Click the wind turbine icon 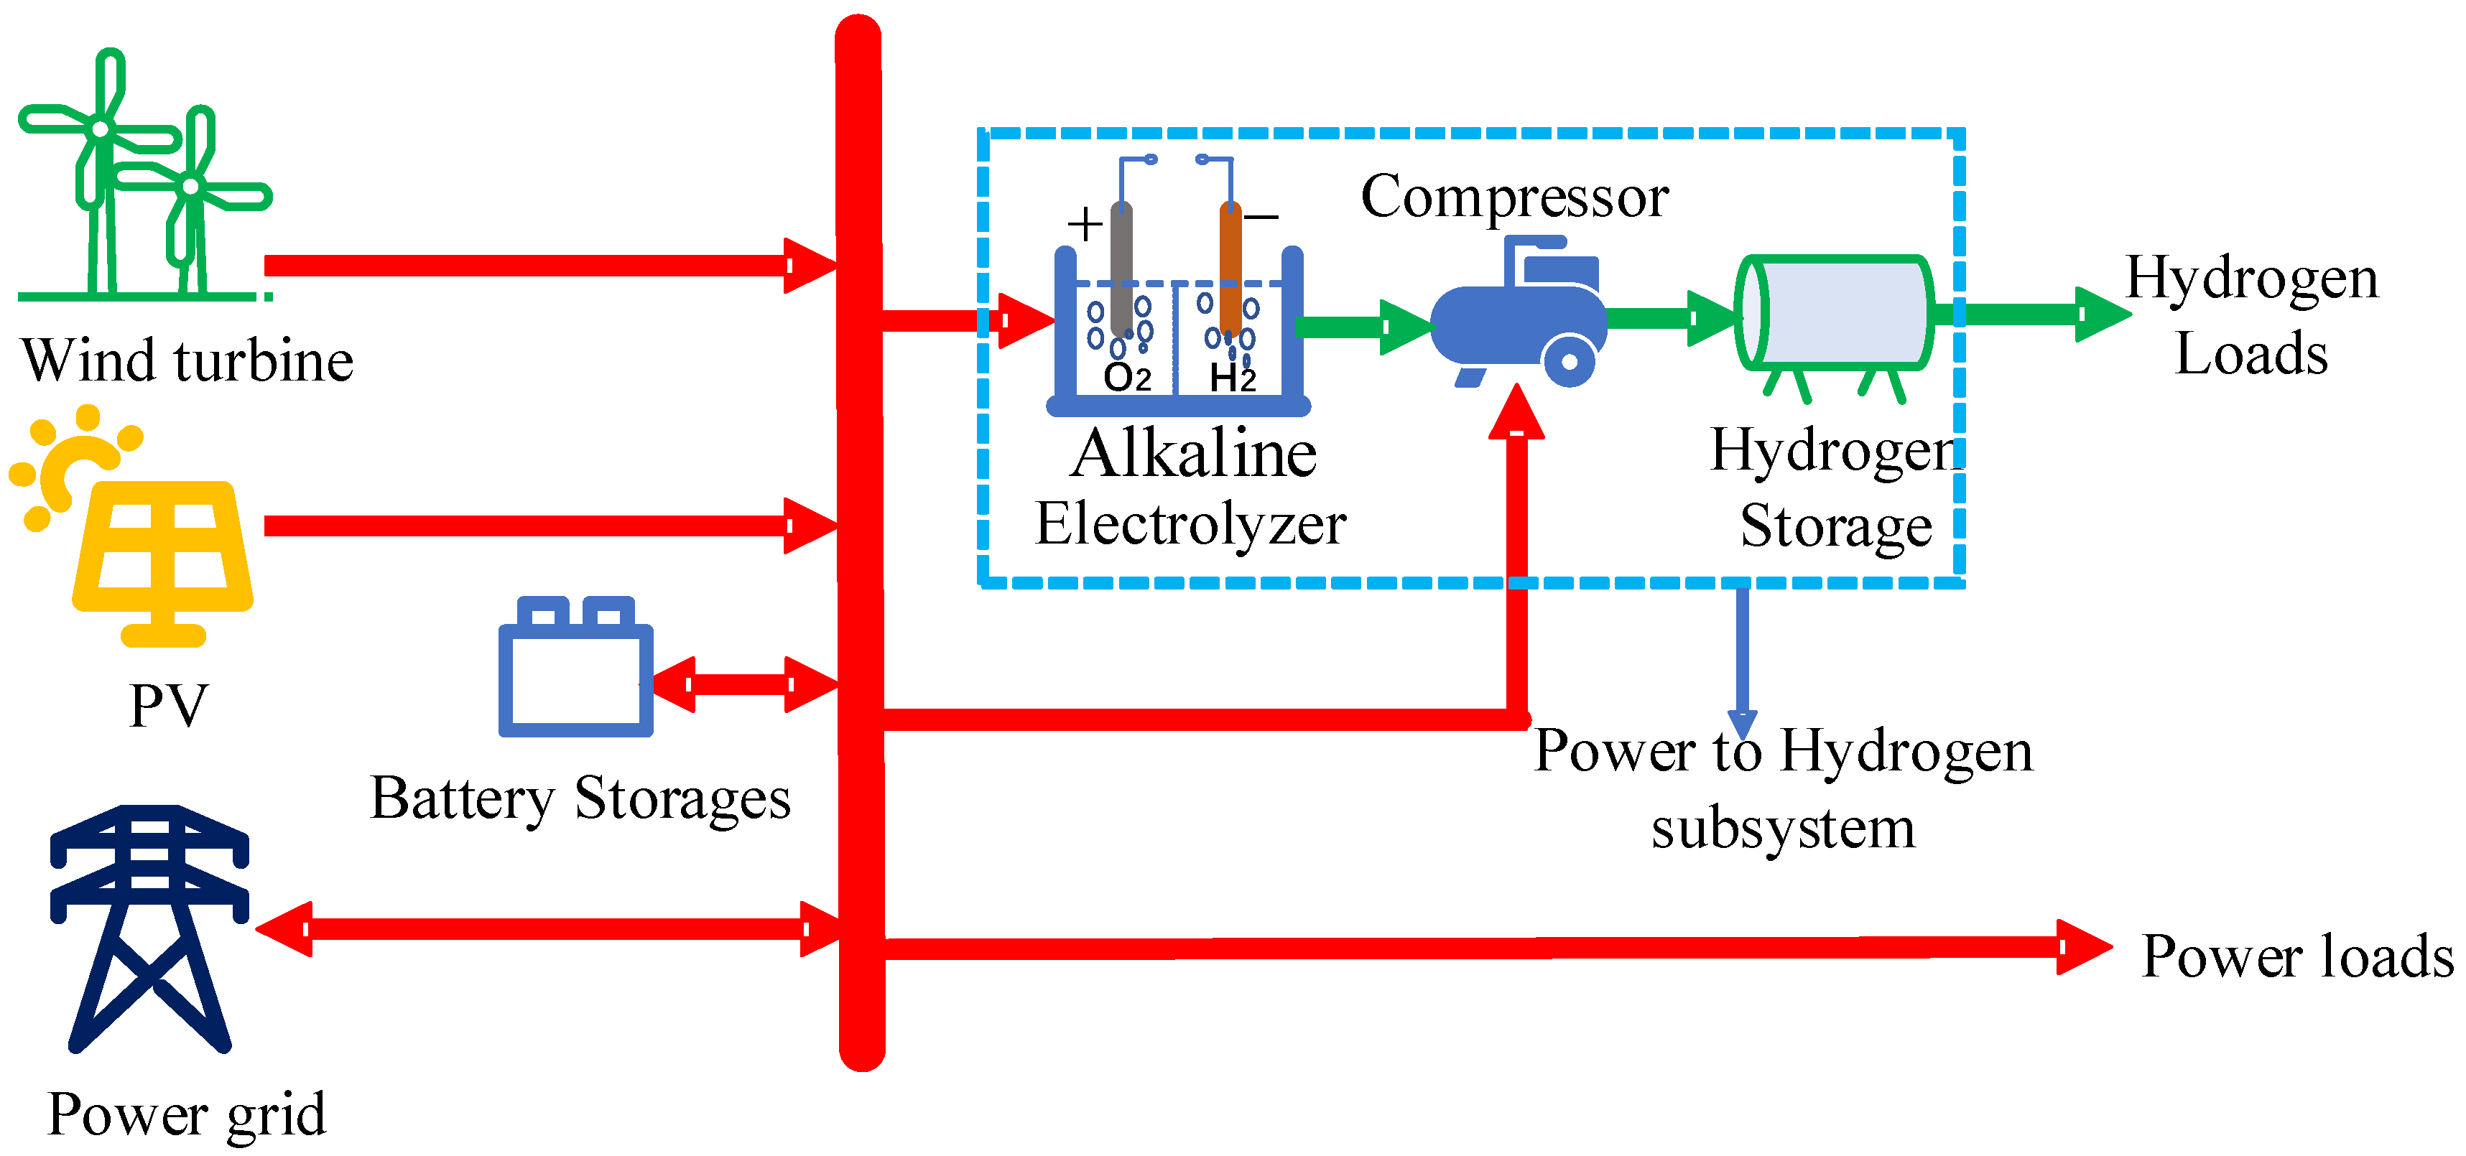point(144,182)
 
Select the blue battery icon point(575,670)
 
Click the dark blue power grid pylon point(149,928)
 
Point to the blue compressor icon point(1522,320)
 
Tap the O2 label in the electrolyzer point(1127,376)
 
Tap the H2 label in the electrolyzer point(1232,376)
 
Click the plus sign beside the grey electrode point(1085,225)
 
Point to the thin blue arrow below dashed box point(1742,661)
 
